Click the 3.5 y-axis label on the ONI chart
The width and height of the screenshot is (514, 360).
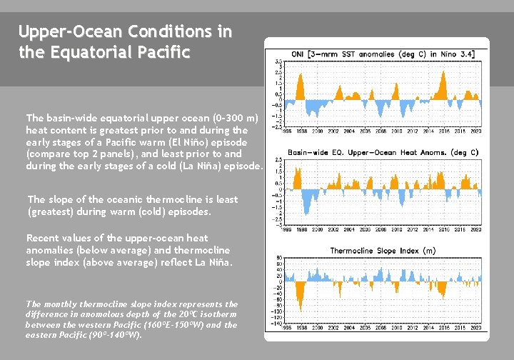(x=278, y=62)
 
